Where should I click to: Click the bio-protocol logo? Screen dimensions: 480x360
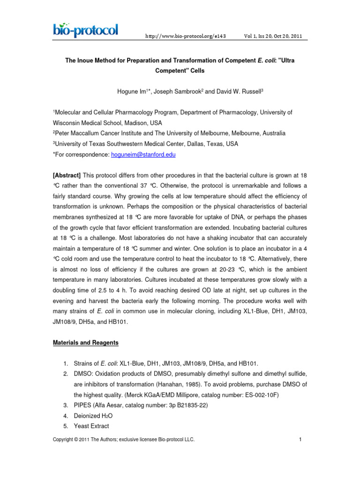coord(85,31)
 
